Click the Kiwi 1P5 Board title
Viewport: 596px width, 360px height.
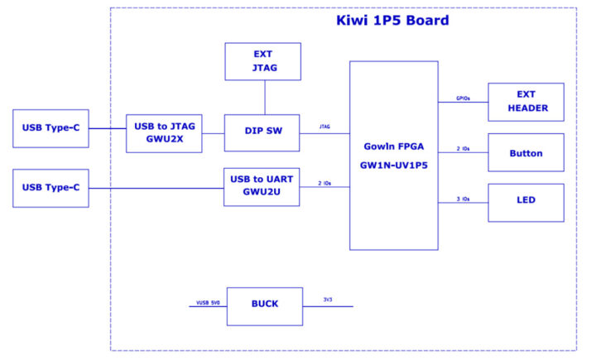pos(392,20)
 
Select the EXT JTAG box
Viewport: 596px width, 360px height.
pos(262,61)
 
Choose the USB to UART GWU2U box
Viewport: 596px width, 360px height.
pos(262,186)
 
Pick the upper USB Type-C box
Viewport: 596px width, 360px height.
pos(50,128)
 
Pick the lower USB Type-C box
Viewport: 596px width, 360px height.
pos(50,188)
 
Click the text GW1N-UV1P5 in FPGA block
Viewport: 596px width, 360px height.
pos(393,165)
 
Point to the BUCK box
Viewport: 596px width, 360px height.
pos(265,305)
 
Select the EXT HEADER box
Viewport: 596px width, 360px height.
pos(526,102)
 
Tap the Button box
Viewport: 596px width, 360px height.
pos(526,153)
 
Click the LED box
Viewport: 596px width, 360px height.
pos(526,201)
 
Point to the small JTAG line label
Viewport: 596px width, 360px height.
pos(324,127)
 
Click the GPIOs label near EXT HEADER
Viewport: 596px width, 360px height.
pos(464,97)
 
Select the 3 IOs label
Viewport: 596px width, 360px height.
pos(464,199)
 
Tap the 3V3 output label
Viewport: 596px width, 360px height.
pos(329,299)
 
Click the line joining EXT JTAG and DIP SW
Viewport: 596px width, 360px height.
pos(263,97)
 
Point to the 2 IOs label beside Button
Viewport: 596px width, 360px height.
pos(464,149)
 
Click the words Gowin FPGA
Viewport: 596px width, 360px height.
pos(393,146)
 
